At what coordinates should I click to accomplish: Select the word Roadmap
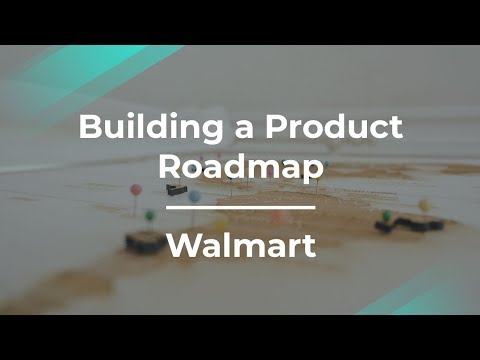click(240, 167)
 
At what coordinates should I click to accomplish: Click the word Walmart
click(240, 245)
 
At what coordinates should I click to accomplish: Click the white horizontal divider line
click(240, 208)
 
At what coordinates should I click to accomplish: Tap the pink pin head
click(134, 188)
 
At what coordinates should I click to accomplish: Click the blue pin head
click(194, 196)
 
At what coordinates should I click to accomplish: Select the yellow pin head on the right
click(423, 205)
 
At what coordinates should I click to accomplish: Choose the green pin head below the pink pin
click(149, 214)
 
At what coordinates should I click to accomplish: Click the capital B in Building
click(87, 129)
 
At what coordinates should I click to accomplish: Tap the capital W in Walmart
click(180, 245)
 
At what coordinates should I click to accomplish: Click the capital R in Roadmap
click(169, 166)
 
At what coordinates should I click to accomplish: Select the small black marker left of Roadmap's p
click(172, 190)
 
